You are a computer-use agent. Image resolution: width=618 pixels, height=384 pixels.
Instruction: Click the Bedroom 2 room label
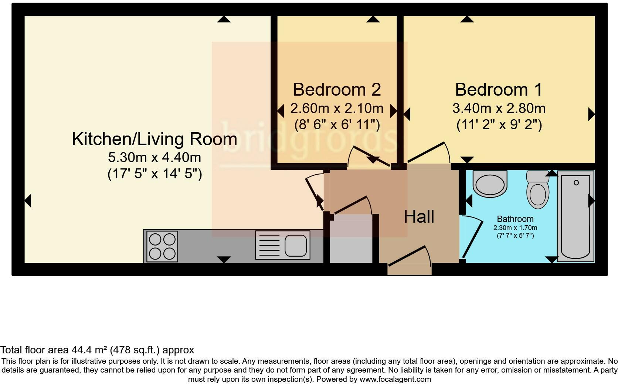[x=337, y=90]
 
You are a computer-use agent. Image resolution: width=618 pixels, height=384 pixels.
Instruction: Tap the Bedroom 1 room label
[x=499, y=90]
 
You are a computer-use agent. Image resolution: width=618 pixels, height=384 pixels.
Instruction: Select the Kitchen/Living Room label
[x=154, y=139]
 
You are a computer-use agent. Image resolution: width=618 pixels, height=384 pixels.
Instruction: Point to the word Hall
[x=419, y=217]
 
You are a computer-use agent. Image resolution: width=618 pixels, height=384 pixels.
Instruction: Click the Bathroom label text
[x=515, y=219]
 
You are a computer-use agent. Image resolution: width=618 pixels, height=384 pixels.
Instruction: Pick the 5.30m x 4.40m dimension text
[x=154, y=158]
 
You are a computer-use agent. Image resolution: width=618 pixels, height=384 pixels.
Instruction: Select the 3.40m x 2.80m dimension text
[x=499, y=109]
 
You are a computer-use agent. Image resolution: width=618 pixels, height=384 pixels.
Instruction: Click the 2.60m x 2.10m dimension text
[x=337, y=109]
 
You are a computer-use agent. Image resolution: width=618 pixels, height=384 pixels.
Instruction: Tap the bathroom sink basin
[x=490, y=184]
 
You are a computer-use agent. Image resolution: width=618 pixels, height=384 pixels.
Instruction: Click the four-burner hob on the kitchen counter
[x=162, y=246]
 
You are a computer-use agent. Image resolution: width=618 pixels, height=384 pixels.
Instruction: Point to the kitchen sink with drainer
[x=282, y=245]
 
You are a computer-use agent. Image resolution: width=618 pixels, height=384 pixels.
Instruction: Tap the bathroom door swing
[x=472, y=237]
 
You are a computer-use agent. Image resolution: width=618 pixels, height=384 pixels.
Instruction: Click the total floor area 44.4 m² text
[x=97, y=350]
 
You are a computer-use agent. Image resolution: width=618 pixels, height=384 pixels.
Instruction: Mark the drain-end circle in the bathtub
[x=576, y=183]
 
